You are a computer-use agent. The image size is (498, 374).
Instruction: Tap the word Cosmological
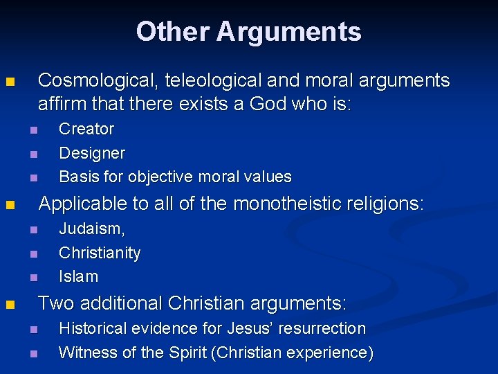point(100,81)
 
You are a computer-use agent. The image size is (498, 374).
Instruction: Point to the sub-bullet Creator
point(86,129)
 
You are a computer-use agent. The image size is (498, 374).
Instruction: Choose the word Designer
point(92,152)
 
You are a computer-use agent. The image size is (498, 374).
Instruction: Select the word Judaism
point(91,229)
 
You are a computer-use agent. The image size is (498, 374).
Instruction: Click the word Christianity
point(100,253)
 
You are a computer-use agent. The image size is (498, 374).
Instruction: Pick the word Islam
point(78,276)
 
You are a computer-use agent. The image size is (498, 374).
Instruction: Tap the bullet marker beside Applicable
point(9,205)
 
